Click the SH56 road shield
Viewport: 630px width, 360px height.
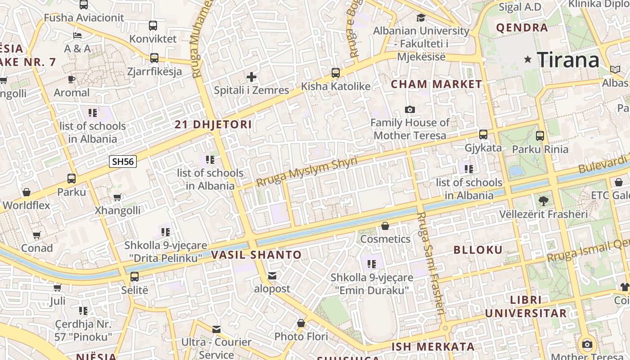[x=123, y=162]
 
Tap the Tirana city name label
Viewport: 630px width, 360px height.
[x=568, y=60]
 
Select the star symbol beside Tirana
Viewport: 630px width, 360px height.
[x=528, y=59]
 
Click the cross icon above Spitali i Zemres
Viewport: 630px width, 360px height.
[x=252, y=77]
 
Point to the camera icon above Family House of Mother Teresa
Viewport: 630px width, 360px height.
[x=409, y=109]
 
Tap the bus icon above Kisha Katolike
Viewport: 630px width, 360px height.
[x=336, y=72]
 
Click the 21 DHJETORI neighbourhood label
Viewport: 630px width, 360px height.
[x=213, y=125]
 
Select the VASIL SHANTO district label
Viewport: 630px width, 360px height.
[x=256, y=255]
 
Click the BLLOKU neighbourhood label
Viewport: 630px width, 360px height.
[x=478, y=250]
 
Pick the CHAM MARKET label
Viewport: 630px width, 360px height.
[x=436, y=84]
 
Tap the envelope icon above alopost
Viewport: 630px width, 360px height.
[x=272, y=275]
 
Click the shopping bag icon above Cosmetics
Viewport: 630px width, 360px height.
[x=385, y=226]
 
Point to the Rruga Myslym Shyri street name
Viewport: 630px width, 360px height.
[x=306, y=172]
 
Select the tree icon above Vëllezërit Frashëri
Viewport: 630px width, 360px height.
[x=543, y=201]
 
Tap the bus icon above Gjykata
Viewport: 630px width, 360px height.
[x=483, y=135]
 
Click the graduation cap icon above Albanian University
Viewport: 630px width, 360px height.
[x=421, y=18]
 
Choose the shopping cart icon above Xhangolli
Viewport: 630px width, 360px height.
[x=117, y=197]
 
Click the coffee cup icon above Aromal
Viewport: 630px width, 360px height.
[x=72, y=79]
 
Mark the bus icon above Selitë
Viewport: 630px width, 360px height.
[x=135, y=277]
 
